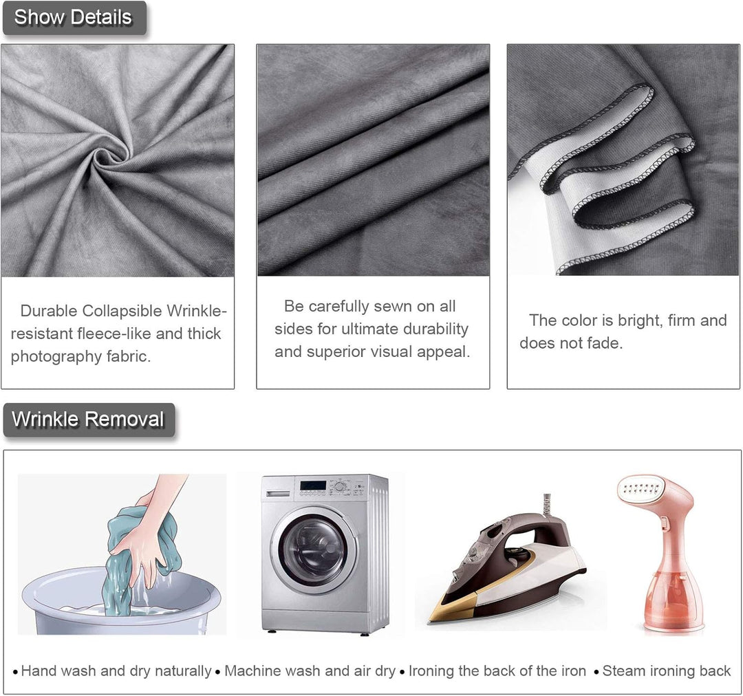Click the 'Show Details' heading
[73, 17]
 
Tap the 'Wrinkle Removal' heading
[88, 420]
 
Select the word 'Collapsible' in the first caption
[122, 311]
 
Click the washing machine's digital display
[313, 486]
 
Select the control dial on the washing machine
[339, 487]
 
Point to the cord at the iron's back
[548, 504]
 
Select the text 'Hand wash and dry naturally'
[116, 671]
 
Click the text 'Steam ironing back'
[666, 671]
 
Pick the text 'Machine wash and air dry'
[310, 671]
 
